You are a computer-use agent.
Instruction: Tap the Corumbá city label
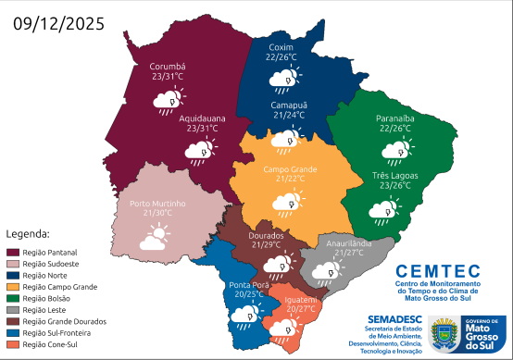pos(169,68)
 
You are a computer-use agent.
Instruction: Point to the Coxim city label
pos(281,47)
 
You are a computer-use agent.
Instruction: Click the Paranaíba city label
pos(400,118)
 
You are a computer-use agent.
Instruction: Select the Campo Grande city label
pos(290,169)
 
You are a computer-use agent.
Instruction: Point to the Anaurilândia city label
pos(349,242)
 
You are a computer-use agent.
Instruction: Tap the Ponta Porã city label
pos(246,284)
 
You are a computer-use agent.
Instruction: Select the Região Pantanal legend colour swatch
pos(13,252)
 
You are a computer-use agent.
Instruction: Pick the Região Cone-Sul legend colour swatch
pos(13,344)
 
